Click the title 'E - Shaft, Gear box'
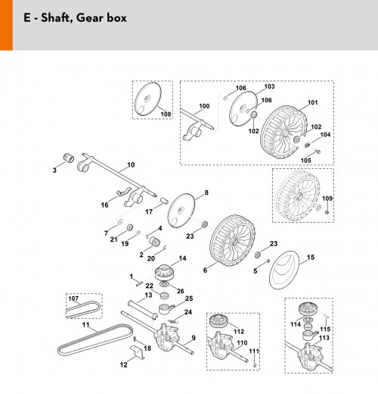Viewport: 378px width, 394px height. pos(75,18)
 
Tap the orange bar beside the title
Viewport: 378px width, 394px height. pos(6,25)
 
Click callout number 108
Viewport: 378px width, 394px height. pos(166,114)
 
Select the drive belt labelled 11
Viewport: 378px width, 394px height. pos(95,339)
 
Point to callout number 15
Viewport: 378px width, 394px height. pos(311,258)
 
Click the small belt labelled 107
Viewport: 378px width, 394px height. pos(83,309)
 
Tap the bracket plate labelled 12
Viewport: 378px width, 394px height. pos(138,352)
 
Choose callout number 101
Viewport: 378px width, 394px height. pos(313,102)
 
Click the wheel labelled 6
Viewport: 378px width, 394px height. pos(232,241)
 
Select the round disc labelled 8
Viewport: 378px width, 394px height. pos(181,211)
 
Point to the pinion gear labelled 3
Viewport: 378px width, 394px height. pos(68,158)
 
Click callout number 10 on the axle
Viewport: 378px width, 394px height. pos(131,165)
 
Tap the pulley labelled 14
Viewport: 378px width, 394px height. pos(163,272)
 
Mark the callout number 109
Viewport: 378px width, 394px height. pos(327,199)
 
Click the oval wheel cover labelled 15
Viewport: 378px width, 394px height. pos(284,270)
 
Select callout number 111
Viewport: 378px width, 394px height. pos(254,351)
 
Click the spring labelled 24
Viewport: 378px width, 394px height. pos(172,321)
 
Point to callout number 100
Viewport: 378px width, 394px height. pos(204,106)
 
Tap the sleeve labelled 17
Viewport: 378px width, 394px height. pos(165,201)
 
